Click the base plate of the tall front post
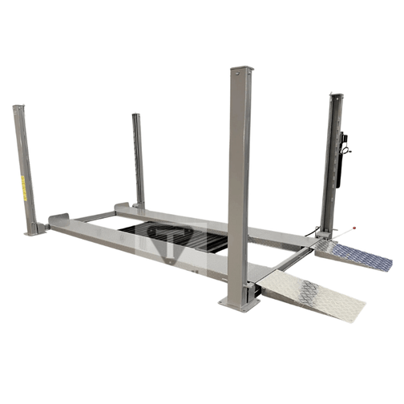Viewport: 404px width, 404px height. [239, 301]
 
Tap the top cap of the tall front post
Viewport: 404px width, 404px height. [240, 71]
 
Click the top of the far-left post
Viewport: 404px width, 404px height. [17, 108]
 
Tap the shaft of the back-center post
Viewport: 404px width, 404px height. [139, 160]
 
